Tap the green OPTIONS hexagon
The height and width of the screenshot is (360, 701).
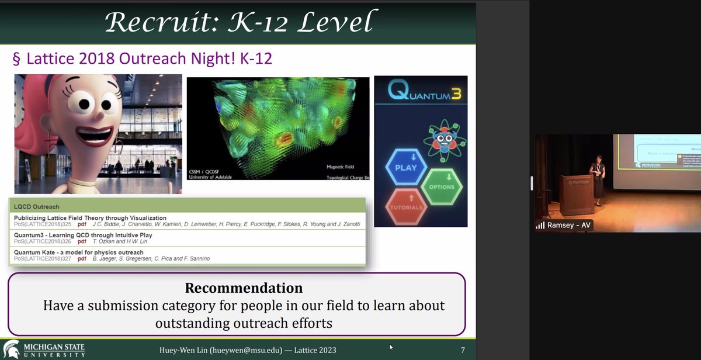442,186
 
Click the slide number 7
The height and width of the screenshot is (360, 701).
463,351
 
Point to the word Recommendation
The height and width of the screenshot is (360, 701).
244,288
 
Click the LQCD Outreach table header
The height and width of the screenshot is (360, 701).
37,206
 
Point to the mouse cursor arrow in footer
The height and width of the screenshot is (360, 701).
391,347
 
